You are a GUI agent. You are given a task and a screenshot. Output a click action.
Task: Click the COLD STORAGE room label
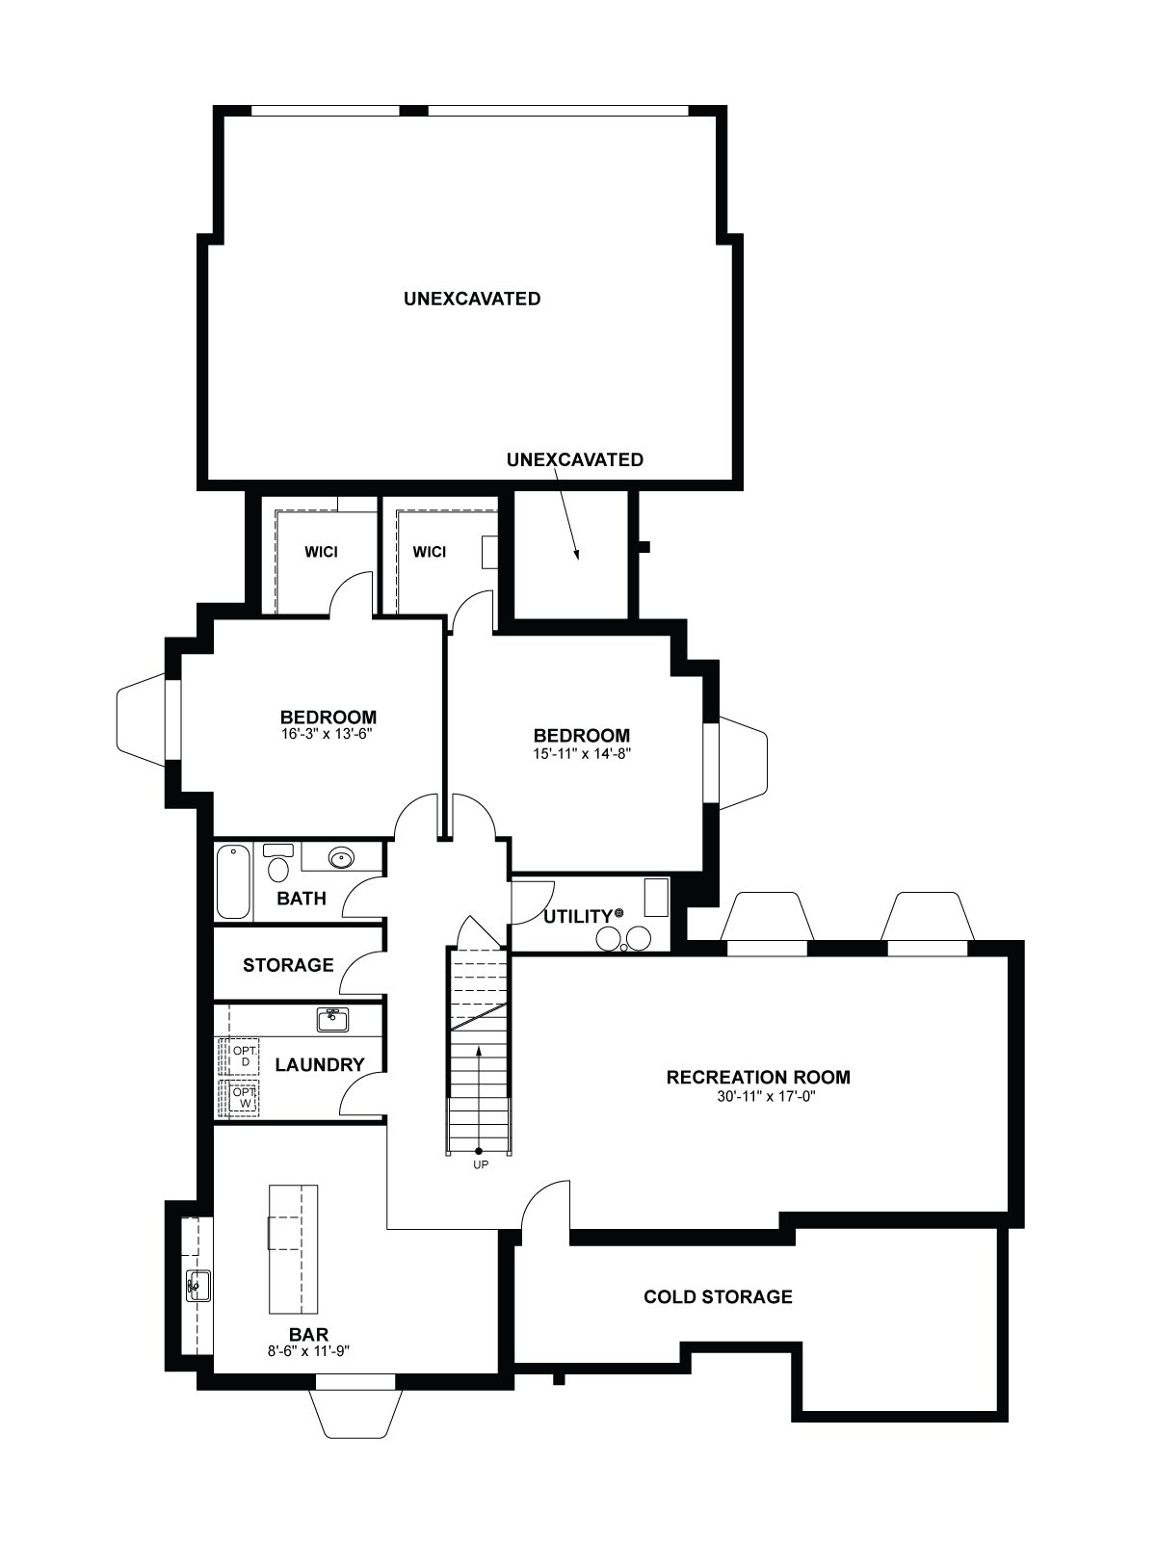click(718, 1296)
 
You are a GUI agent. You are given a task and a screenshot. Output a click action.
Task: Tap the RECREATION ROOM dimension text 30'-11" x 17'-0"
click(758, 1096)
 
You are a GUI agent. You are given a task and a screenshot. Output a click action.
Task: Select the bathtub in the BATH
click(234, 882)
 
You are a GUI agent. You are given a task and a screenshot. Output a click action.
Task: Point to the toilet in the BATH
click(278, 863)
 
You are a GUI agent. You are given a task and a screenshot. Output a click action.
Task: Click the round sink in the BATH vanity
click(342, 857)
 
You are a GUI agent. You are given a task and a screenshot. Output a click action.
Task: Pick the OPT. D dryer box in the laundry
click(239, 1057)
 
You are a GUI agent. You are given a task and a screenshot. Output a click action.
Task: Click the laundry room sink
click(332, 1019)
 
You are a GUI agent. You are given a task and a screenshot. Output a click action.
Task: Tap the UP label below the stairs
click(480, 1164)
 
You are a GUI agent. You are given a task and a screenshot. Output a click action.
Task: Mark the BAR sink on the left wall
click(198, 1286)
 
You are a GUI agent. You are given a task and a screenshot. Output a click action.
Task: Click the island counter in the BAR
click(294, 1249)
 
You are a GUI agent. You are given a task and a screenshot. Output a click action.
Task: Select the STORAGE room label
click(288, 965)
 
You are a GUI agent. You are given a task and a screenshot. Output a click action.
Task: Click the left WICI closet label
click(321, 553)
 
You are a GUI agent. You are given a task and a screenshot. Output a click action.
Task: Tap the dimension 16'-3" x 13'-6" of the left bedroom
click(328, 734)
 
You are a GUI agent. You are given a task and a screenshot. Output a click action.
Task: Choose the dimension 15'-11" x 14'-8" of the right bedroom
click(581, 754)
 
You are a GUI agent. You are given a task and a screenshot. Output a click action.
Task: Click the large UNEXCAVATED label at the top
click(472, 300)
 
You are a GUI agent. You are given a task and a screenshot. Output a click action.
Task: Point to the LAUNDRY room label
click(320, 1065)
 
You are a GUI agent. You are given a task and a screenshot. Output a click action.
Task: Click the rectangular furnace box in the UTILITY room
click(656, 897)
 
